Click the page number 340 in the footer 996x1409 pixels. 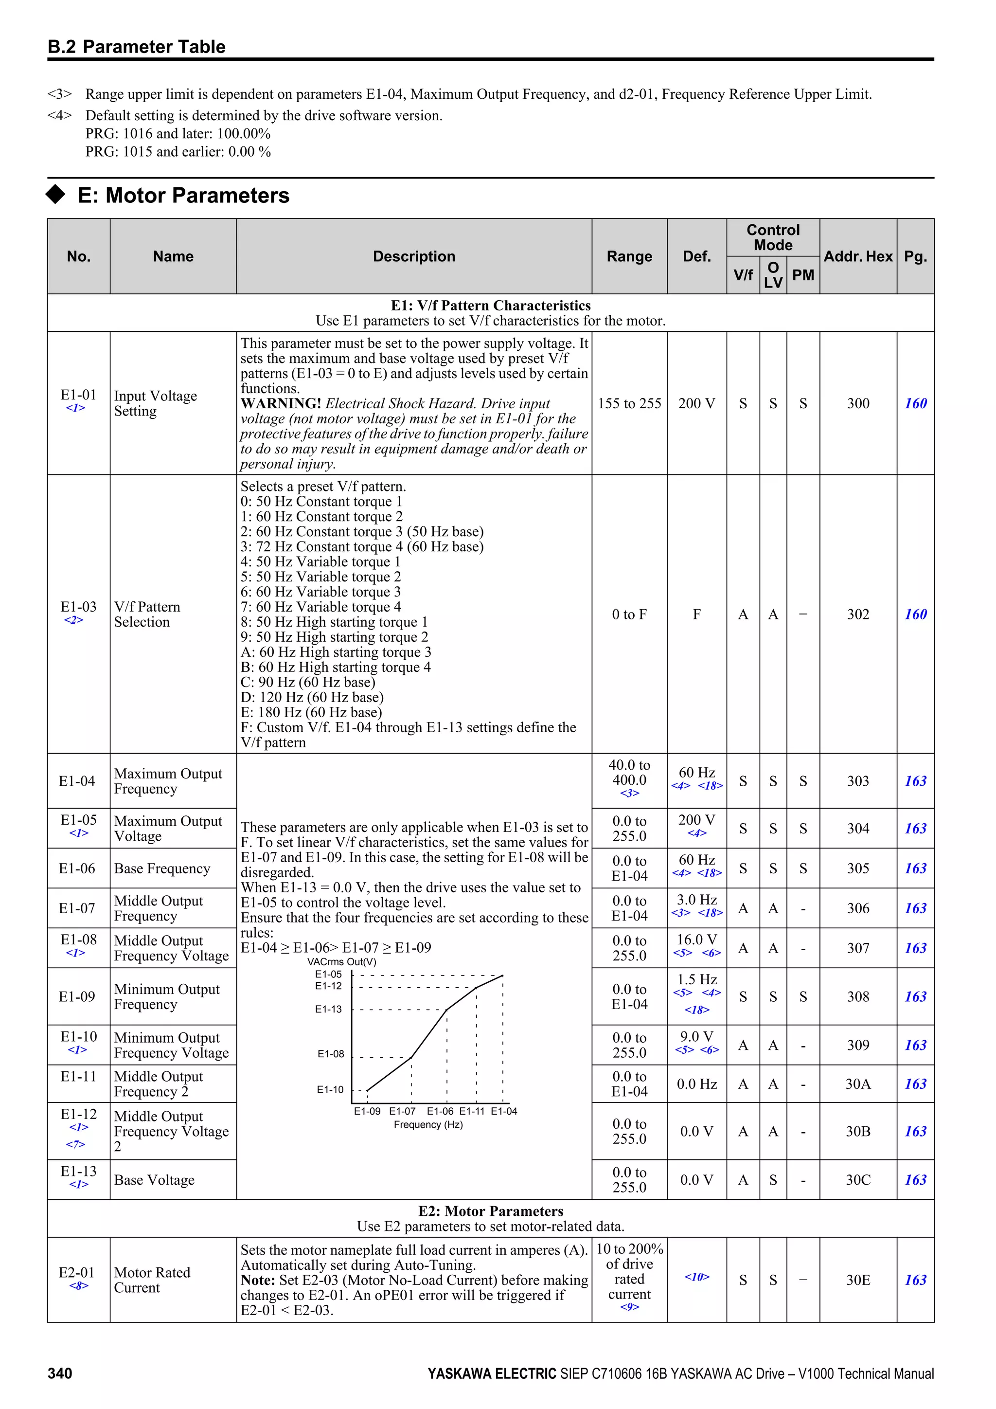(60, 1373)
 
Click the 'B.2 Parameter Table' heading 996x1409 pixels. (137, 47)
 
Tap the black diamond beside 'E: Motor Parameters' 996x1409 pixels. (56, 194)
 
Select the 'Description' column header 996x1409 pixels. (414, 256)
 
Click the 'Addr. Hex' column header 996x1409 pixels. (857, 256)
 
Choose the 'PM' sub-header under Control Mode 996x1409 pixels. (803, 275)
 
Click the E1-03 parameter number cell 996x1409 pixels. (78, 607)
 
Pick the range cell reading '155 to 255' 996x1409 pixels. (629, 403)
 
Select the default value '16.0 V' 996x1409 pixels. (697, 939)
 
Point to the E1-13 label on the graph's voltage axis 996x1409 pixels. (328, 1009)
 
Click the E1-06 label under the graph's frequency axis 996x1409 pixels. (440, 1111)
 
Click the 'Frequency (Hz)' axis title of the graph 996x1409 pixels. (428, 1124)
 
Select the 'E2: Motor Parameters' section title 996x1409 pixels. (491, 1211)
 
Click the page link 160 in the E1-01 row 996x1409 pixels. (915, 403)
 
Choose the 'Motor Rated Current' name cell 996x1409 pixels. (152, 1280)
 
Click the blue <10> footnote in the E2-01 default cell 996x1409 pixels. (697, 1277)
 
